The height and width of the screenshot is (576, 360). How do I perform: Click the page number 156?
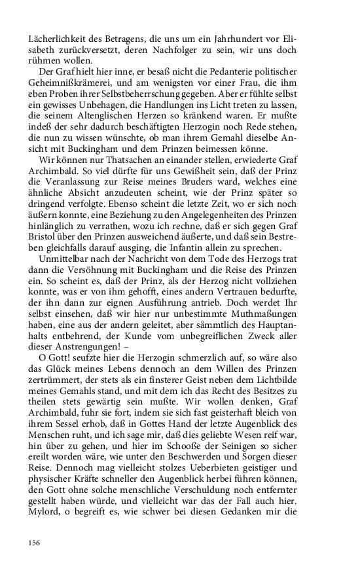(34, 543)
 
